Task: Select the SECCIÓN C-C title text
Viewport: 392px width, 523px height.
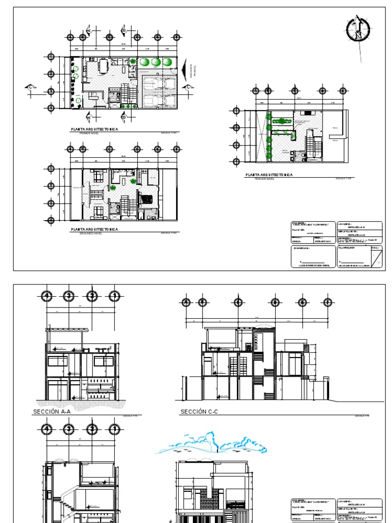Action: (x=199, y=411)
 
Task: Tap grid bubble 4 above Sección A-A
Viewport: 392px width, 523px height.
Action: (x=47, y=296)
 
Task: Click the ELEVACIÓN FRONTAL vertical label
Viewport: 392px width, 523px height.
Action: (x=192, y=72)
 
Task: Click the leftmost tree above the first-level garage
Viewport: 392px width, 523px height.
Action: (x=145, y=62)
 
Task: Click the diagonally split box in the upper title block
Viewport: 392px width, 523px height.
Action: (x=376, y=258)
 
